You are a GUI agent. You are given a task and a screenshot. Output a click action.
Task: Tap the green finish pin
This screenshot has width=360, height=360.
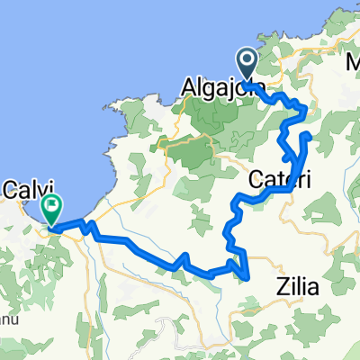coord(52,210)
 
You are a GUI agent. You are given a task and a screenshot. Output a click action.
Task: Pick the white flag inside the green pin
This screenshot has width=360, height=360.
coord(52,206)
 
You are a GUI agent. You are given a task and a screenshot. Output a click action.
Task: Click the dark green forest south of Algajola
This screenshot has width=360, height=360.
coord(198,148)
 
